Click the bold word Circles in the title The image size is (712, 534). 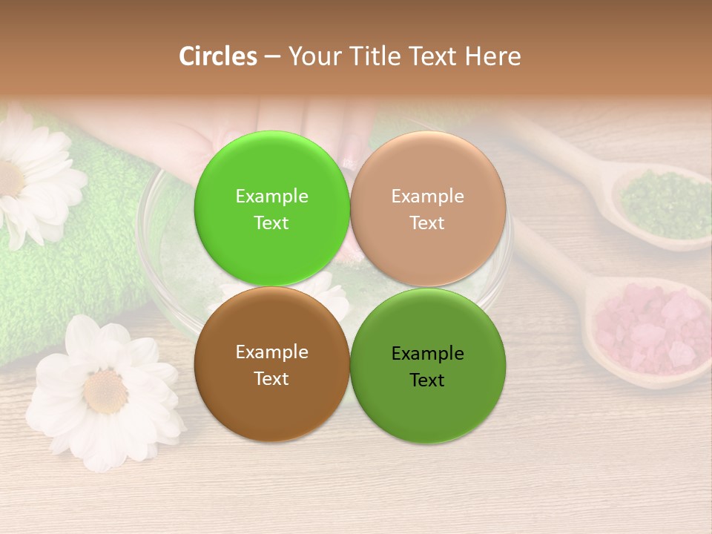(218, 56)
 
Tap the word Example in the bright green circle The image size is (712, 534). (271, 197)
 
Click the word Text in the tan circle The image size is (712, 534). (427, 223)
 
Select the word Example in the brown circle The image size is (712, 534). (271, 352)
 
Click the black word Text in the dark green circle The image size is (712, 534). (427, 380)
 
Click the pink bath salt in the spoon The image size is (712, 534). (649, 326)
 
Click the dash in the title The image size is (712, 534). (272, 56)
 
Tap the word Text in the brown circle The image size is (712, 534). (271, 379)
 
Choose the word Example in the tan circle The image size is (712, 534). (427, 197)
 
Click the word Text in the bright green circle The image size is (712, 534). (271, 223)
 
